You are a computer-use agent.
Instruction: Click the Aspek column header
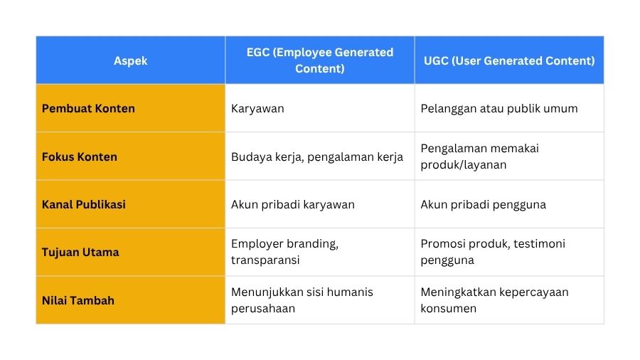click(x=131, y=60)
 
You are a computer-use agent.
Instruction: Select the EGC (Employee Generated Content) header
click(x=319, y=60)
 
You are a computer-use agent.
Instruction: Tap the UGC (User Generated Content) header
click(x=509, y=60)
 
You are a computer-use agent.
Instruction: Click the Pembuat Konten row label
click(x=88, y=109)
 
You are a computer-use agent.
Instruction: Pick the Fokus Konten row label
click(x=79, y=157)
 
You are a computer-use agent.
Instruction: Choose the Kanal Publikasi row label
click(x=84, y=204)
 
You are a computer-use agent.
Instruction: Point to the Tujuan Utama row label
click(x=80, y=253)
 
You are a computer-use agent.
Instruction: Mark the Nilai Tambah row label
click(x=78, y=300)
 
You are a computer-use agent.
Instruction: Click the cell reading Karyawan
click(x=257, y=109)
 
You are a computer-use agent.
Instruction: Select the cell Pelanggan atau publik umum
click(x=499, y=109)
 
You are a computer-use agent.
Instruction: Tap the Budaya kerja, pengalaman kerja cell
click(x=317, y=157)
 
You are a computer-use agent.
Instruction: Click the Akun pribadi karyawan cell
click(x=293, y=205)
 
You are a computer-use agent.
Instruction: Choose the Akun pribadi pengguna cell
click(x=484, y=205)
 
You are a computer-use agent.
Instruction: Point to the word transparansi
click(x=265, y=260)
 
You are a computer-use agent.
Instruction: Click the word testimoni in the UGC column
click(x=539, y=243)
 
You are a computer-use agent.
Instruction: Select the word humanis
click(x=350, y=292)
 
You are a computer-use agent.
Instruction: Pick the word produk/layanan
click(x=463, y=165)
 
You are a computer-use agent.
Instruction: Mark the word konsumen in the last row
click(x=448, y=309)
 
